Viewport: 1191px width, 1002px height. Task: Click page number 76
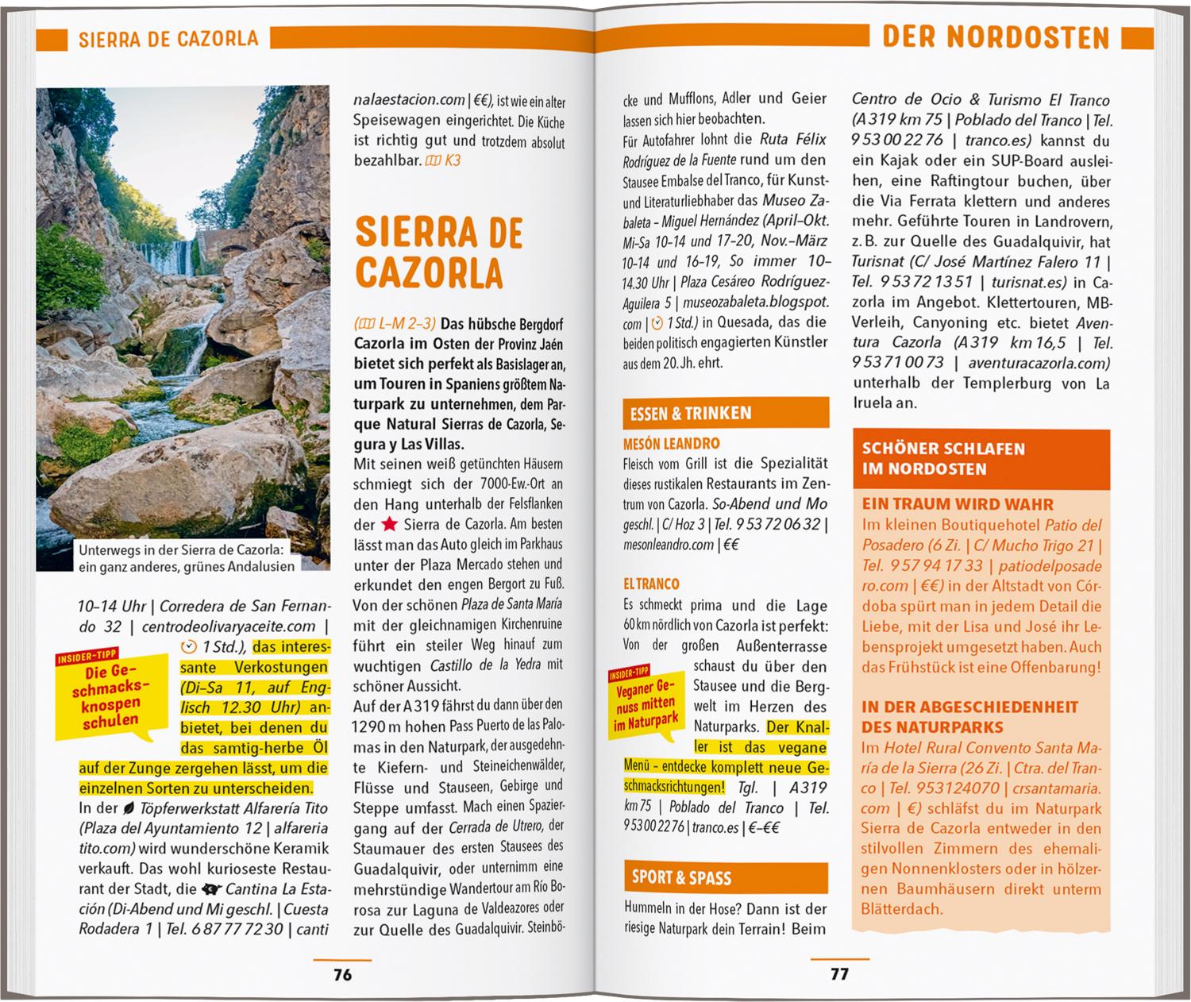pyautogui.click(x=342, y=974)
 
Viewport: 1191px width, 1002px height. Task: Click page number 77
pyautogui.click(x=839, y=973)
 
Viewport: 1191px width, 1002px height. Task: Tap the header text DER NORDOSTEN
pyautogui.click(x=996, y=37)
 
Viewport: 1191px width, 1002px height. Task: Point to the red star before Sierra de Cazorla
pyautogui.click(x=389, y=524)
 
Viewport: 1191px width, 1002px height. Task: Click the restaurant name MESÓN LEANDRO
pyautogui.click(x=671, y=444)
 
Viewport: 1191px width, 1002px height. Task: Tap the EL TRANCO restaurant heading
pyautogui.click(x=651, y=584)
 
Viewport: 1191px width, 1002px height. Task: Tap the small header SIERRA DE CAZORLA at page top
pyautogui.click(x=168, y=39)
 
